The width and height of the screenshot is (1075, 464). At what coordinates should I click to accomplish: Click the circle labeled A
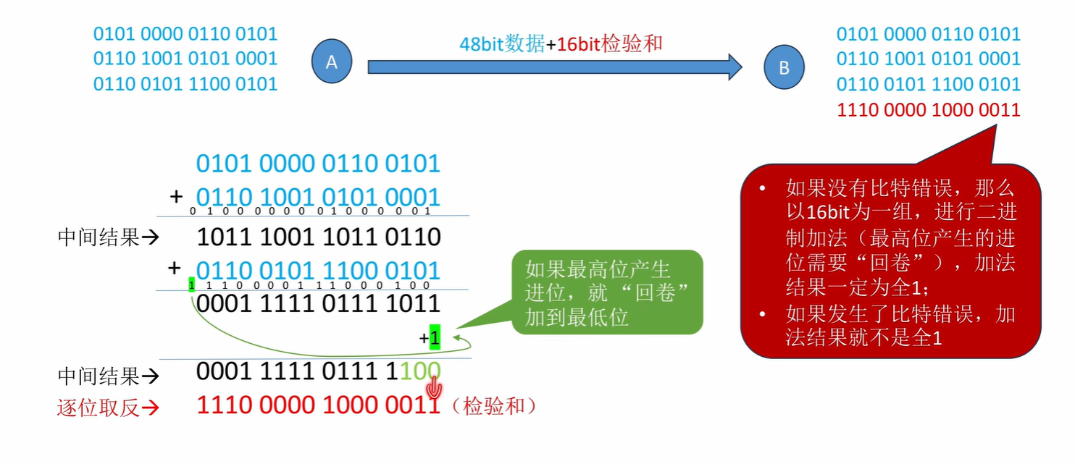coord(332,62)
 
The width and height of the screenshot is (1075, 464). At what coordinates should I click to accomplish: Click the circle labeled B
coord(784,68)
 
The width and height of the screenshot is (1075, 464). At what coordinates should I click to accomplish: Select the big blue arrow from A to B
coord(554,67)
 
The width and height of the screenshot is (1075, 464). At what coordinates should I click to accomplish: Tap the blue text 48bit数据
coord(502,44)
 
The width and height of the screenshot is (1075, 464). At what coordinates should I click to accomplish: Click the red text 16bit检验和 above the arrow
coord(610,44)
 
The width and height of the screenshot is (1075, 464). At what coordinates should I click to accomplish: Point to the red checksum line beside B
coord(928,110)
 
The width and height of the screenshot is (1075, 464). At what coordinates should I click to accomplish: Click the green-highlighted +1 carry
coord(434,337)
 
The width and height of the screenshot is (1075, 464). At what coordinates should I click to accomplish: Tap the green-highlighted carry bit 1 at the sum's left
coord(192,285)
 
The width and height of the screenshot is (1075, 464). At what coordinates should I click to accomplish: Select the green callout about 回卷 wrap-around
coord(607,292)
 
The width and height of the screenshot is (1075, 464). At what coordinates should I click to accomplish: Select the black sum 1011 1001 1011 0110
coord(318,237)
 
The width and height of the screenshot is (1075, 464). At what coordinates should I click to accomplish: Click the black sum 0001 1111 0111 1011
coord(318,303)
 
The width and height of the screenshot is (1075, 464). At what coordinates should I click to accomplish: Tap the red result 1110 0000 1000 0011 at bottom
coord(318,406)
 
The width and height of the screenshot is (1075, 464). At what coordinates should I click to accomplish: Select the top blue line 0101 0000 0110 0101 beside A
coord(185,33)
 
